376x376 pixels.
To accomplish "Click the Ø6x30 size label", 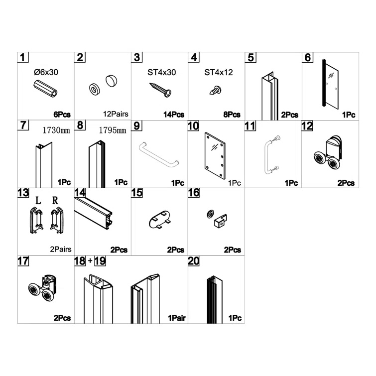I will (x=46, y=72).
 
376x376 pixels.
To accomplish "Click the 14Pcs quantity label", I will (x=174, y=114).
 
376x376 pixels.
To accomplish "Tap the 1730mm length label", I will (x=56, y=130).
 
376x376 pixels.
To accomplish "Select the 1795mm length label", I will (x=112, y=130).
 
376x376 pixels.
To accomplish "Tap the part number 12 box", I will (x=307, y=126).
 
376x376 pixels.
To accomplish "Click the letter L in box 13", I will (x=38, y=202).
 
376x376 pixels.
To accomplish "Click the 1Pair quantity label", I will (x=176, y=318).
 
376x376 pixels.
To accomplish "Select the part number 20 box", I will (x=194, y=260).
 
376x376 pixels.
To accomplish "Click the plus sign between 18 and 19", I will (x=90, y=260).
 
